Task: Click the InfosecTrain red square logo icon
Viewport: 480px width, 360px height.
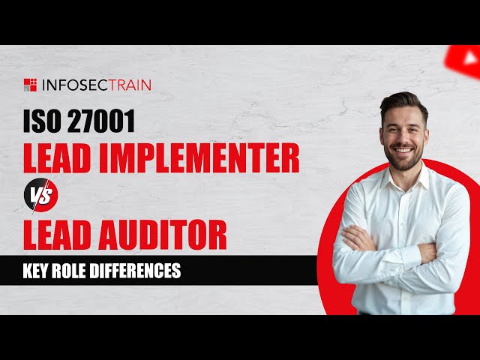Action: click(x=29, y=84)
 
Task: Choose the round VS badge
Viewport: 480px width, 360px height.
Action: click(x=38, y=197)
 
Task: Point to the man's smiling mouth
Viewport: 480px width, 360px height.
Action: click(x=403, y=148)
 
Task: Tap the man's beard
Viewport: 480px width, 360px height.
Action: click(x=403, y=159)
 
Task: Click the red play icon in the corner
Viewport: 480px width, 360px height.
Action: click(x=465, y=55)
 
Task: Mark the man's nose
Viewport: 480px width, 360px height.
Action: click(x=404, y=136)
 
